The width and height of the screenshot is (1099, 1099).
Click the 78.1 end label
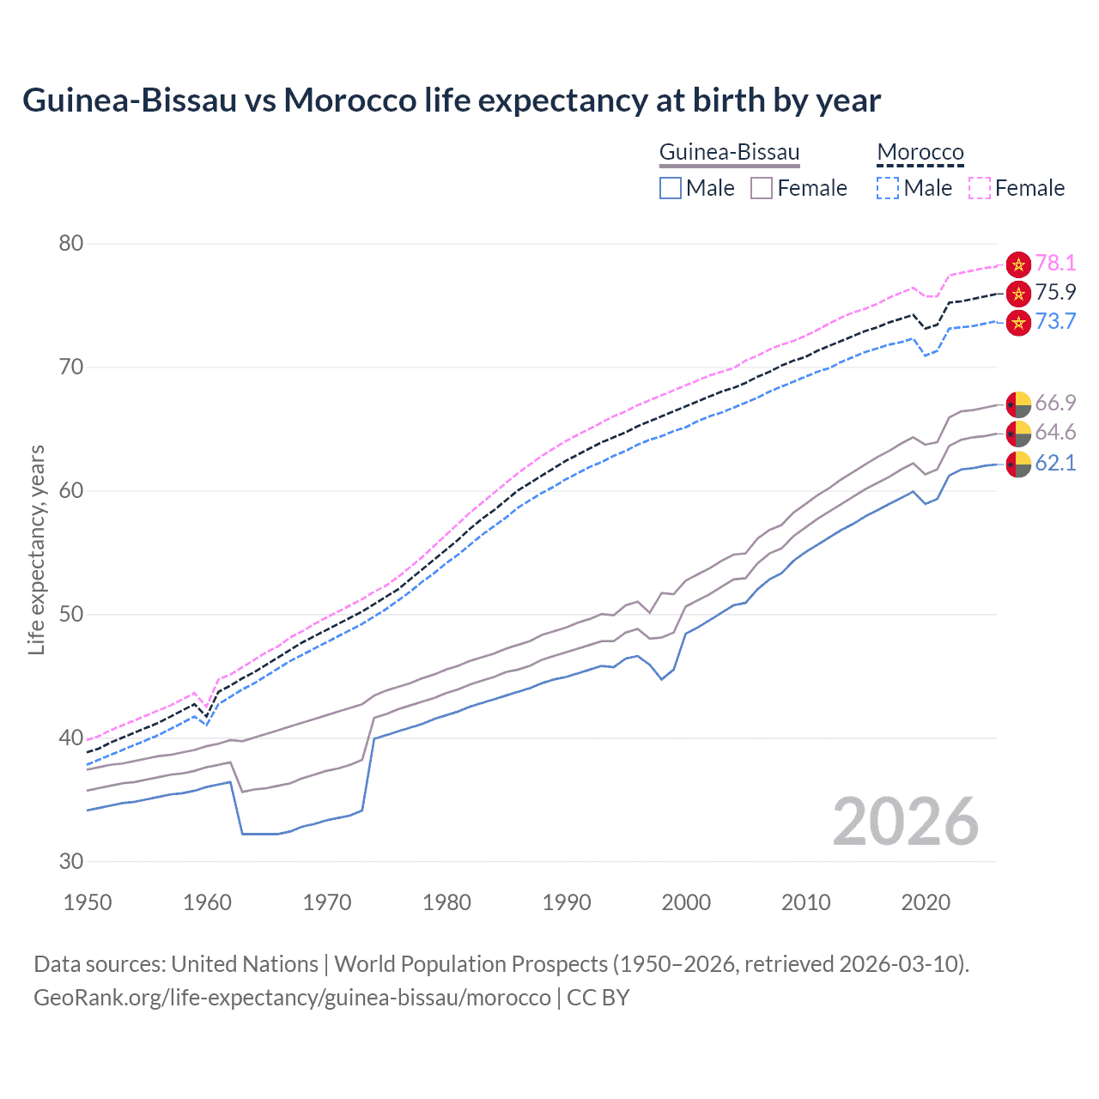click(1055, 264)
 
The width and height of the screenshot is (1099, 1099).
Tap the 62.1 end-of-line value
click(1055, 464)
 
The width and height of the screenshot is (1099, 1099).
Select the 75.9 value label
click(1055, 293)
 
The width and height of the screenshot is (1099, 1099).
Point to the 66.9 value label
click(1055, 404)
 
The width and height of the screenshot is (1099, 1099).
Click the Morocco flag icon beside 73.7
click(1018, 323)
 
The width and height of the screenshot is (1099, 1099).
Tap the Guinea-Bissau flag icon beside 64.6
click(1018, 434)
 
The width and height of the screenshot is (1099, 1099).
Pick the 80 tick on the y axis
click(71, 244)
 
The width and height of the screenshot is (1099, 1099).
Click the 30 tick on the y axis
click(71, 862)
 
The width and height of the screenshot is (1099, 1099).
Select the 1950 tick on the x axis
click(88, 902)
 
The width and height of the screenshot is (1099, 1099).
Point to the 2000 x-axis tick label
click(686, 902)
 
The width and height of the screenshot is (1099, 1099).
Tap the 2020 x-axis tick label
click(926, 902)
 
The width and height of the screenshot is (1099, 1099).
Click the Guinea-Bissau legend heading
click(729, 153)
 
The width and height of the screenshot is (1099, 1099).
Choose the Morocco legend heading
click(920, 153)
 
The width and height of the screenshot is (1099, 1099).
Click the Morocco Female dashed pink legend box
click(980, 188)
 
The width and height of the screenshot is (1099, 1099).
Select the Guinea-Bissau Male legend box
click(671, 188)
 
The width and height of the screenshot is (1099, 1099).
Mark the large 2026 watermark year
click(906, 823)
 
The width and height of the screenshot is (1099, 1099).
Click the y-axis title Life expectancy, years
click(37, 549)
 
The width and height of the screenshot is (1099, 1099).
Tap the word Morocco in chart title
click(349, 100)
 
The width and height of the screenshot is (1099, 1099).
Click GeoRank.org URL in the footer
click(292, 998)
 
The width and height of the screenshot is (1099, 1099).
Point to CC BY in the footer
click(598, 998)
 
